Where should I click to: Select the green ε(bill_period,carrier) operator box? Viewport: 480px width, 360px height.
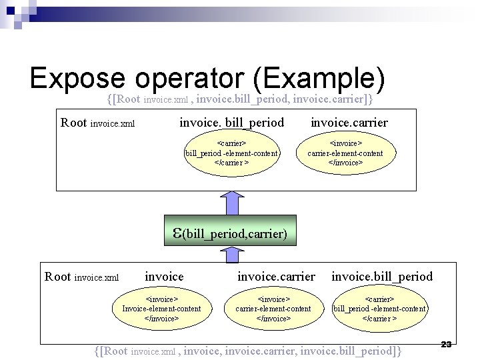230,233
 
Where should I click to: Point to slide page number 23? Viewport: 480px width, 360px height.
447,344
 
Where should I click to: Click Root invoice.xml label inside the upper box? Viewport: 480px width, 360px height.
97,123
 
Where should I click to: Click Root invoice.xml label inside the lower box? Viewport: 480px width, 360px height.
81,277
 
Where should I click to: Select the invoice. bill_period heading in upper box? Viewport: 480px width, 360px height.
231,123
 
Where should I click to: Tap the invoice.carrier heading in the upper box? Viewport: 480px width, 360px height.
349,123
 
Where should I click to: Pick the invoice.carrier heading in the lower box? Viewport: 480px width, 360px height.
276,276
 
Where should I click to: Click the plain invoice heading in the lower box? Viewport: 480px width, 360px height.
164,276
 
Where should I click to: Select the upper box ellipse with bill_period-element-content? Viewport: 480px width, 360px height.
231,153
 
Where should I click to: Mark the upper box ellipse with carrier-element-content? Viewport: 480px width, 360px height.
345,153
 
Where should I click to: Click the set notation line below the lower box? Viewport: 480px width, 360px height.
249,351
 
